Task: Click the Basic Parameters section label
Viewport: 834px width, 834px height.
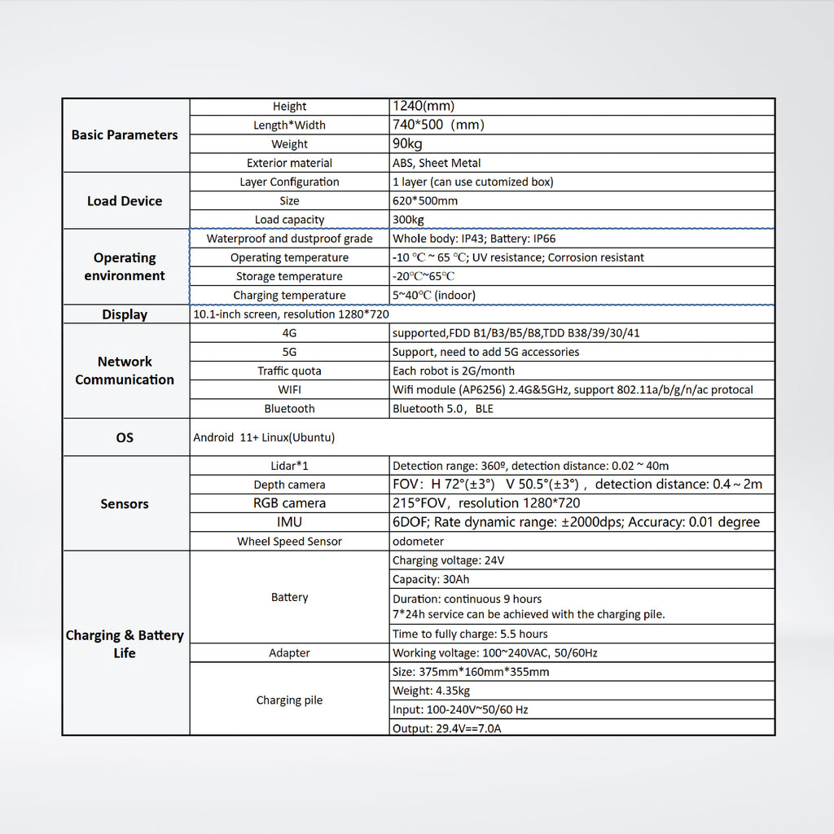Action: coord(125,135)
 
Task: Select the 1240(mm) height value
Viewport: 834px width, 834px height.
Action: coord(424,106)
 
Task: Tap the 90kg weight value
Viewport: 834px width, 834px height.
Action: coord(407,144)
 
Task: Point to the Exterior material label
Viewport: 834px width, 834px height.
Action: coord(289,163)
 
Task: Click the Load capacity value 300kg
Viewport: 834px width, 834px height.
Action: coord(408,220)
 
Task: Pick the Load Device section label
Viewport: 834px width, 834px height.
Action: coord(125,201)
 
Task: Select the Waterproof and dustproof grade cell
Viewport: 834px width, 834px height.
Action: coord(289,239)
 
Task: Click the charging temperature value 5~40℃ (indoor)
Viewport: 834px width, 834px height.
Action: coord(434,296)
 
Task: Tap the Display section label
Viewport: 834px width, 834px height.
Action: coord(125,314)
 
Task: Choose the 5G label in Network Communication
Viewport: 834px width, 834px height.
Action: coord(289,352)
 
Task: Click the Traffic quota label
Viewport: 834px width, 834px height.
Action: coord(289,371)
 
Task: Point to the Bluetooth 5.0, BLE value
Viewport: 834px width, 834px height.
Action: coord(443,409)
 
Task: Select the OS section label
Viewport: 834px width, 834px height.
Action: coord(125,437)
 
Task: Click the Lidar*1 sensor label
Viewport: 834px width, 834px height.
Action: coord(289,466)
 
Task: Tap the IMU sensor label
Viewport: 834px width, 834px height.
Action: coord(289,522)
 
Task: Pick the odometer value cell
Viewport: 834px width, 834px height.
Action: coord(419,542)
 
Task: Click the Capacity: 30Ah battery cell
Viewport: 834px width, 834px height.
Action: coord(431,580)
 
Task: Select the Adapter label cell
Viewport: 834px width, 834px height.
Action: coord(289,653)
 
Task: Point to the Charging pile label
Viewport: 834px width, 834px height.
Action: coord(289,700)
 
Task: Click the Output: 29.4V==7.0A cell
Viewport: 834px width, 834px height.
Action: coord(447,728)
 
